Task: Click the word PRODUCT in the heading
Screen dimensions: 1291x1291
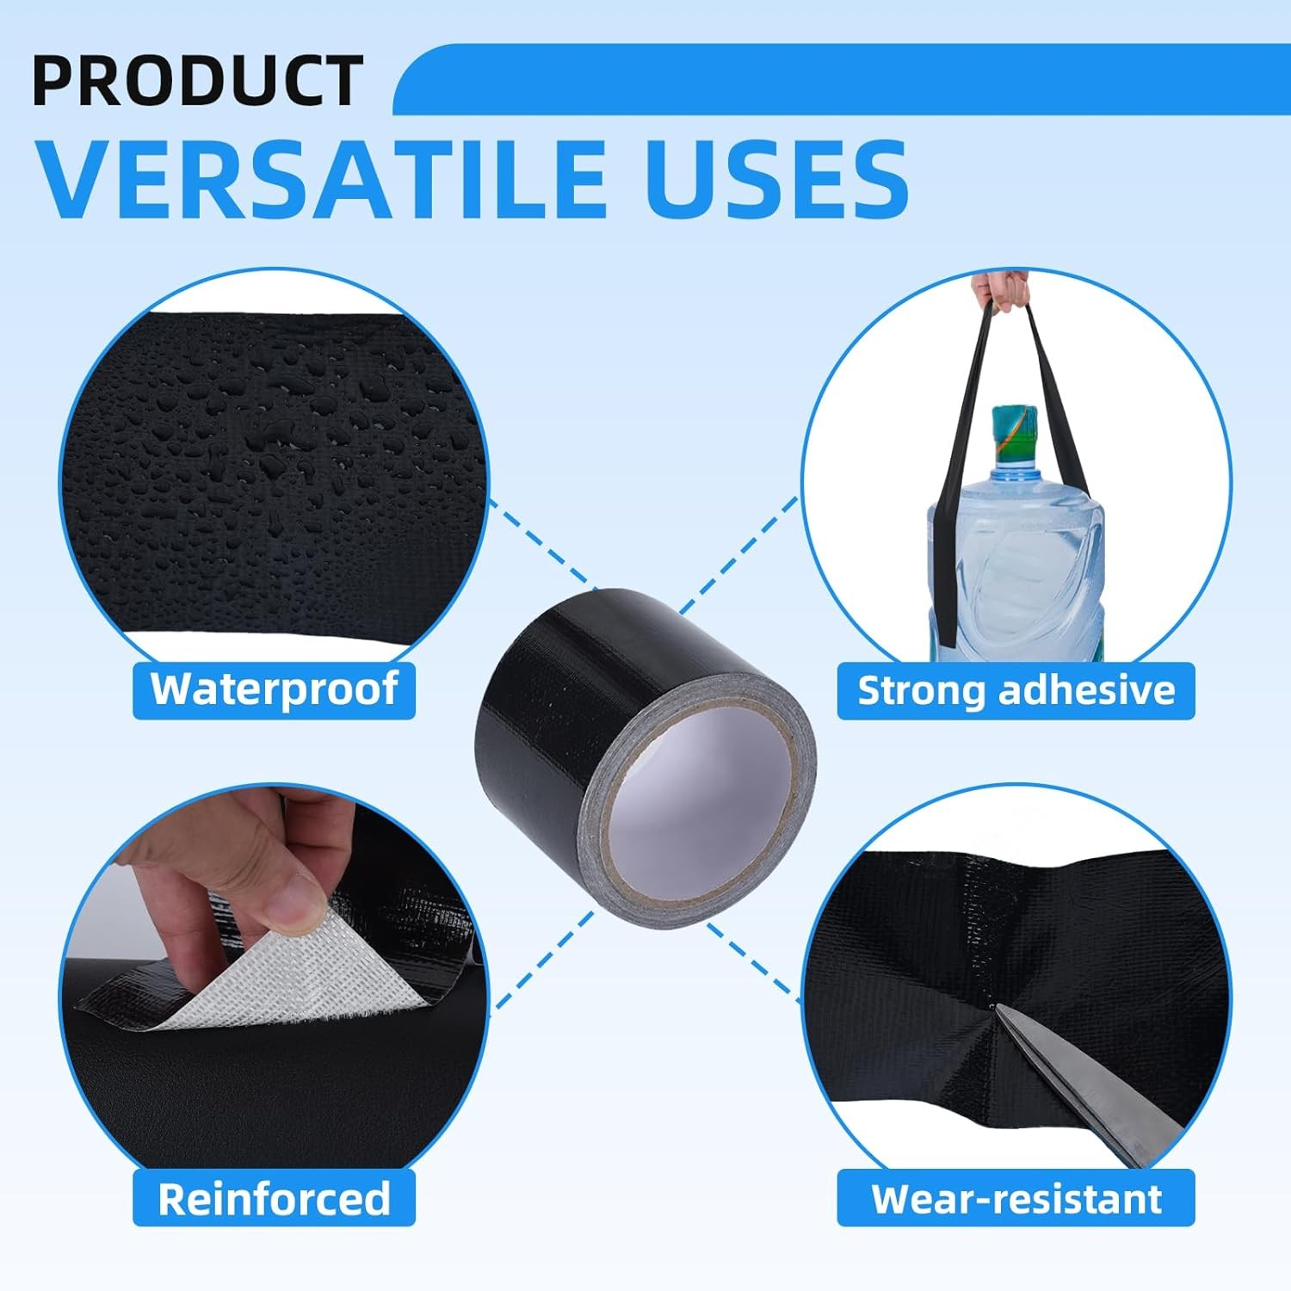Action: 197,80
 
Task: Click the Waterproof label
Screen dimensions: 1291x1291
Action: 274,689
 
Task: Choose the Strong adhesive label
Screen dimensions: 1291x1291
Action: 1016,690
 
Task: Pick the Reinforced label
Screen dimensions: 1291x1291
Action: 274,1198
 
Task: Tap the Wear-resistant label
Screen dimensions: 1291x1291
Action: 1016,1198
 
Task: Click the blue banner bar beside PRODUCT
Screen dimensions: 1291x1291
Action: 842,79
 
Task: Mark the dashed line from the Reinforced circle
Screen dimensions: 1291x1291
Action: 541,960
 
